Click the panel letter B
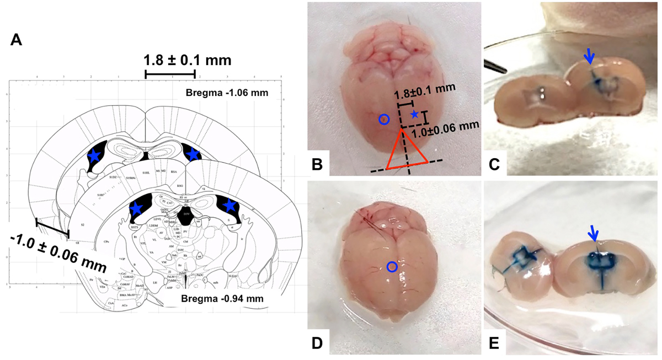(317, 164)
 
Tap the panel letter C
(494, 164)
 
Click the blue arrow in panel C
(589, 56)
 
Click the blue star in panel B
(414, 114)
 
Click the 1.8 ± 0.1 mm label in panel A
(187, 59)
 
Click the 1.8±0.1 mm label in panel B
(426, 87)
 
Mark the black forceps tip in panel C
(495, 67)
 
